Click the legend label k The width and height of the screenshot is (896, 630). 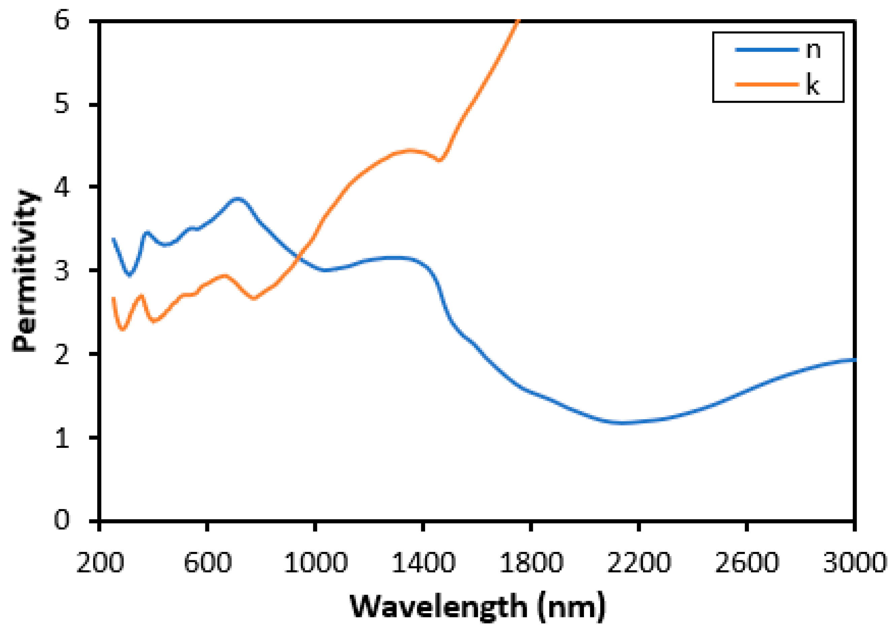[813, 84]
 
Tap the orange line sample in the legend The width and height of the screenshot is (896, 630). [767, 84]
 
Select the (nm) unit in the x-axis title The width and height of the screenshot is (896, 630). [572, 606]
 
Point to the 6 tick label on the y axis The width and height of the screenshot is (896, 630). [62, 20]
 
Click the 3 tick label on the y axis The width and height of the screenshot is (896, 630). [62, 270]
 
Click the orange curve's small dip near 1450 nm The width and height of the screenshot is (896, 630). [440, 160]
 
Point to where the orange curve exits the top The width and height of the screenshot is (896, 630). [519, 20]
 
